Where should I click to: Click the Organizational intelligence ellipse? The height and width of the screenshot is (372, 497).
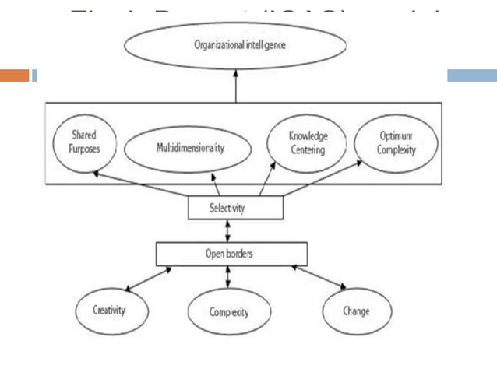(x=239, y=45)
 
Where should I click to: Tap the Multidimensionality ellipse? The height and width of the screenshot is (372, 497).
(x=189, y=147)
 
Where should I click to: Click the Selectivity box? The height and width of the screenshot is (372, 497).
(x=227, y=208)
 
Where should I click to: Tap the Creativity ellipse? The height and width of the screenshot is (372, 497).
(x=111, y=310)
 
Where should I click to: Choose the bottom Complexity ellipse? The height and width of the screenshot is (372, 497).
(x=228, y=312)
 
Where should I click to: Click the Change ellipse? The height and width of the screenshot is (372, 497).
(x=356, y=311)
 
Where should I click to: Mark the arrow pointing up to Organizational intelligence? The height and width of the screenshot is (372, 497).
(x=235, y=85)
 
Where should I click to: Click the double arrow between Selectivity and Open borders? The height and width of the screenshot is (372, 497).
(x=227, y=231)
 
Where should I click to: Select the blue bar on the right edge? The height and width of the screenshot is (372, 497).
(x=471, y=75)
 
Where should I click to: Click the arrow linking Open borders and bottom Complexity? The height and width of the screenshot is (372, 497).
(x=227, y=277)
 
